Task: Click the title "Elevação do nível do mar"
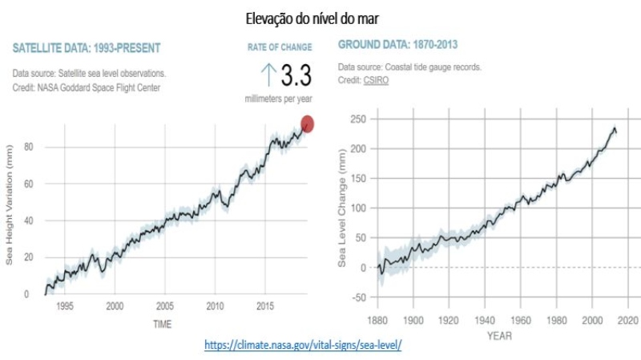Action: [x=320, y=15]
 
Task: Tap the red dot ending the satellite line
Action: [x=307, y=123]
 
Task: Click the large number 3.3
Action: [x=295, y=76]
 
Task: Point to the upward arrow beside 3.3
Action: [x=268, y=75]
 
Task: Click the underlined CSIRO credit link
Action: [x=376, y=81]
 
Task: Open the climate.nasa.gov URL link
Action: [x=302, y=345]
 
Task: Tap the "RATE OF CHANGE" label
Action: [x=280, y=48]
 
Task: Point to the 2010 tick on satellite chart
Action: [x=215, y=305]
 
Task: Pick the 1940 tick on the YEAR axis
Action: [x=485, y=320]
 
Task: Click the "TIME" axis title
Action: [x=163, y=323]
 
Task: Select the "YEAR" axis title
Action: [x=500, y=336]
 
